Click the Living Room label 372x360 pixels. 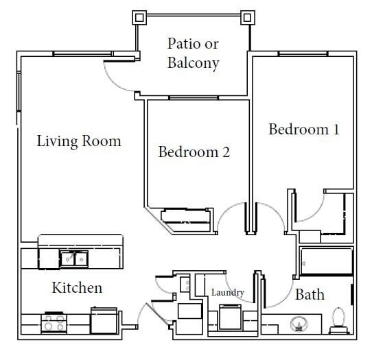tap(78, 141)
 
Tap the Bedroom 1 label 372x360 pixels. tap(303, 129)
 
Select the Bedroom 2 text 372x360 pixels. tap(194, 152)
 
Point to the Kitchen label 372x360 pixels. tap(77, 287)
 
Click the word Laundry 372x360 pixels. tap(227, 293)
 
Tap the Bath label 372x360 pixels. tap(310, 295)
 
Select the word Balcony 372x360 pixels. tap(193, 64)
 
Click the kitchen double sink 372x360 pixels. tap(73, 259)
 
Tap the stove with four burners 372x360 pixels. tap(54, 321)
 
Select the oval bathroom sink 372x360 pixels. tap(299, 323)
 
